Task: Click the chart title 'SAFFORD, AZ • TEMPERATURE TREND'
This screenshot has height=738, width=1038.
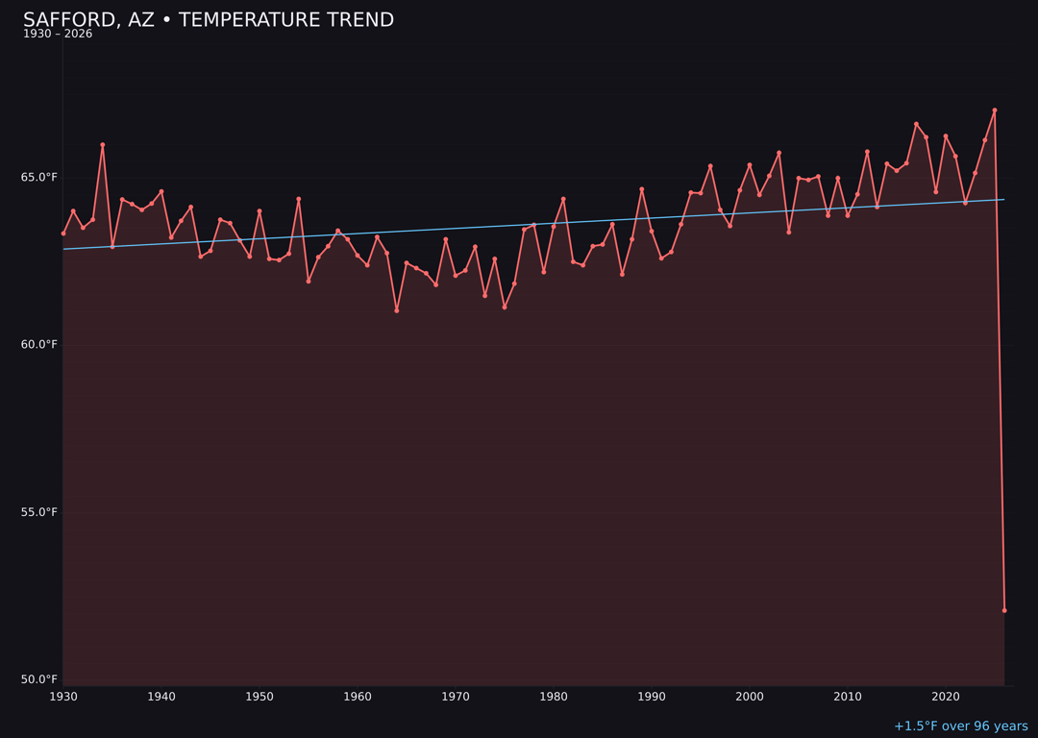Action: click(x=209, y=20)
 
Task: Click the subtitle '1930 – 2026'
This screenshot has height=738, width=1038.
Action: click(x=58, y=35)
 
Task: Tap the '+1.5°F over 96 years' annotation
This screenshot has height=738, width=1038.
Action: click(x=960, y=726)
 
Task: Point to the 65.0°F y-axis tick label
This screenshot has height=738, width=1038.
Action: click(x=38, y=178)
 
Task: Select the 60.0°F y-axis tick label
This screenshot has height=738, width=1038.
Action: click(x=38, y=345)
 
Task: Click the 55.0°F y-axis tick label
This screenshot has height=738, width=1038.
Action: click(x=38, y=512)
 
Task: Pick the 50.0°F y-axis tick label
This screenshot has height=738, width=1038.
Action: click(x=38, y=679)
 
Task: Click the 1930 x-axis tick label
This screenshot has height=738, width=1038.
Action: click(x=63, y=697)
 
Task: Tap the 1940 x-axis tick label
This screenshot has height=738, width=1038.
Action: click(x=161, y=697)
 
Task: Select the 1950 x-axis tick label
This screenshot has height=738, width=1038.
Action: click(x=259, y=697)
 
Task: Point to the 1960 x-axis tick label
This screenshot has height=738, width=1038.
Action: click(x=358, y=697)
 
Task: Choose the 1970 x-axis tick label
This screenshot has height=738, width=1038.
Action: click(x=456, y=697)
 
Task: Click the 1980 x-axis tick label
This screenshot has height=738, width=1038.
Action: click(x=554, y=697)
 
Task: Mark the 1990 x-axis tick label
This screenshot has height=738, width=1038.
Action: click(x=652, y=697)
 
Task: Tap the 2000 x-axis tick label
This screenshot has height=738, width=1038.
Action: click(x=750, y=697)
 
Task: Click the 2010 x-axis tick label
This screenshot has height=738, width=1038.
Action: click(x=848, y=697)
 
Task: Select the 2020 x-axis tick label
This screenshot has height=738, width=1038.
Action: click(x=946, y=697)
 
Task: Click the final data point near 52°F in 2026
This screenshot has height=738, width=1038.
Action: click(x=1004, y=610)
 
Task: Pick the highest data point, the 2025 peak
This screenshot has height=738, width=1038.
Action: click(x=995, y=111)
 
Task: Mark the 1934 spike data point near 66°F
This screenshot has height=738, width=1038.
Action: click(x=103, y=145)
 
